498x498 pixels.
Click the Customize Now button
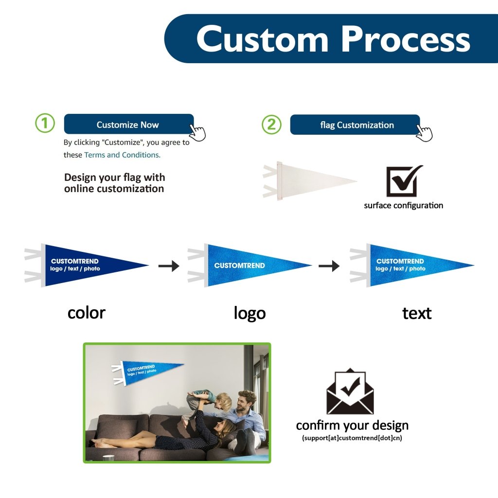[128, 124]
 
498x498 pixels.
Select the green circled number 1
[45, 124]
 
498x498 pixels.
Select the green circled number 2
[271, 125]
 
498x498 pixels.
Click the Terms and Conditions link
[122, 155]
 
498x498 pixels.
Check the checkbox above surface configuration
[403, 181]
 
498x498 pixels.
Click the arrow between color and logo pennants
[169, 266]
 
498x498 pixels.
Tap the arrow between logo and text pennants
[329, 266]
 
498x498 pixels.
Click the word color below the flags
[87, 312]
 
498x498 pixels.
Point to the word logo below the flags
[249, 313]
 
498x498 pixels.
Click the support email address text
[352, 438]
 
